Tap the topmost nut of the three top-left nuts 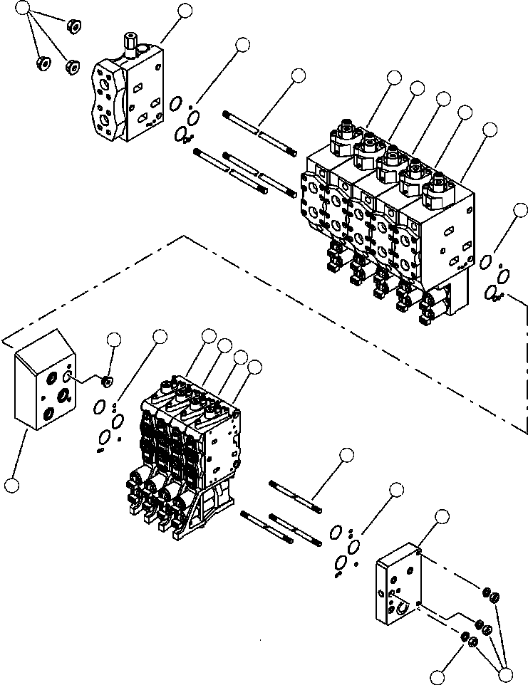pos(72,26)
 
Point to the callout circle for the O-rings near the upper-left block pos(242,45)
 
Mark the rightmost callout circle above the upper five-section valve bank pos(490,130)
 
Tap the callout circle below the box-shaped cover pos(11,486)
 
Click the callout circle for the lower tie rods pos(346,455)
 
